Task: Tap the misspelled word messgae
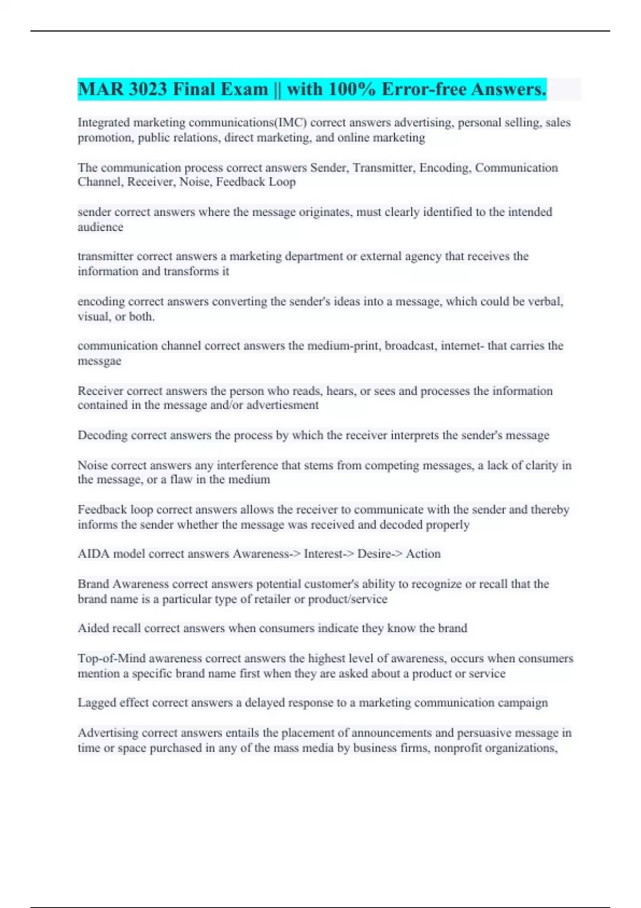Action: click(x=99, y=361)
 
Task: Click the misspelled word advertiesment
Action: click(x=282, y=405)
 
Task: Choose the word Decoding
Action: click(x=103, y=435)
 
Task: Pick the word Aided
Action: click(x=92, y=628)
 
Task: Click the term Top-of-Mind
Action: click(x=112, y=659)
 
